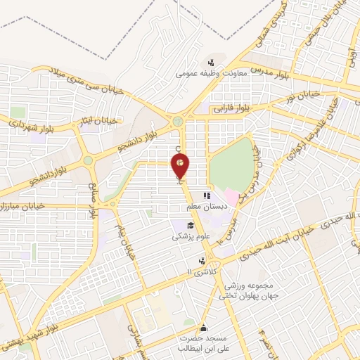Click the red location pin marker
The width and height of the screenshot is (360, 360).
tap(181, 165)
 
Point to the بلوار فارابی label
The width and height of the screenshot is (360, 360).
tap(231, 108)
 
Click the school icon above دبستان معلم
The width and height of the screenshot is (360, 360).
tap(206, 197)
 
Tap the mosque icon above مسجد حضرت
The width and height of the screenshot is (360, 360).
tap(204, 328)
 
